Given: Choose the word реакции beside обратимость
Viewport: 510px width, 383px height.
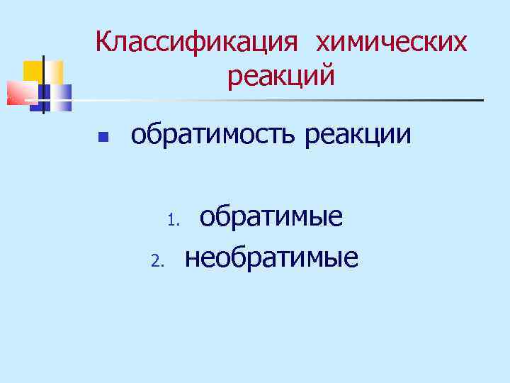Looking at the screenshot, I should pyautogui.click(x=358, y=133).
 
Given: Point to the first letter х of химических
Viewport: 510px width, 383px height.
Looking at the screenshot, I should pyautogui.click(x=322, y=44).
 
